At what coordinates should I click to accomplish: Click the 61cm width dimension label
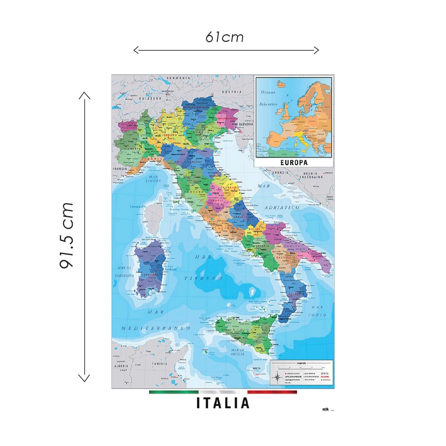click(225, 37)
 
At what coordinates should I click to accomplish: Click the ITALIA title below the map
click(223, 403)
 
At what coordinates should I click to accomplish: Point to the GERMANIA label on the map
click(178, 78)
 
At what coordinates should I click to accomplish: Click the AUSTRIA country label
click(232, 92)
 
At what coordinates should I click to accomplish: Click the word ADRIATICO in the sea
click(282, 208)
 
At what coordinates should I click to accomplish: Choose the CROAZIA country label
click(277, 172)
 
